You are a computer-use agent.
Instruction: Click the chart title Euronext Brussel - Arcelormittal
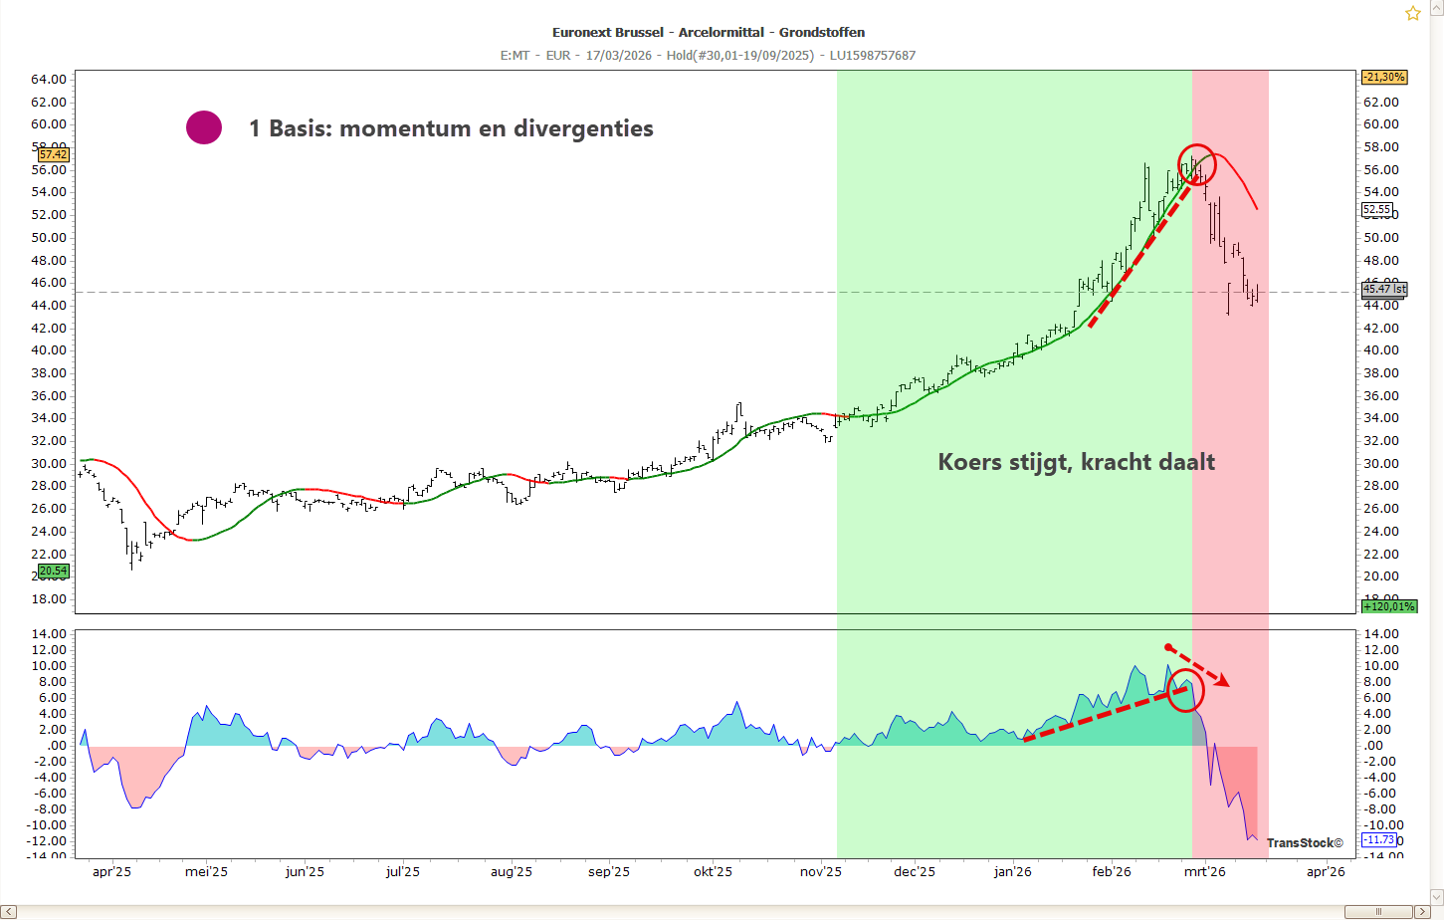coord(708,32)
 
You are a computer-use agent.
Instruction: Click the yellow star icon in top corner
coord(1412,13)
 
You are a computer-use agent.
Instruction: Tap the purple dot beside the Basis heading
coord(204,127)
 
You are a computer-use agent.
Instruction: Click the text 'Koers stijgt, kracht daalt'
coord(1076,462)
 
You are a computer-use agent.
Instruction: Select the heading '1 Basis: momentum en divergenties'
coord(451,128)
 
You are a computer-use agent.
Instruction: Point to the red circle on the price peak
coord(1197,164)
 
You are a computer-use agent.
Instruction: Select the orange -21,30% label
coord(1383,78)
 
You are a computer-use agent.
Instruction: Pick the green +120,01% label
coord(1388,606)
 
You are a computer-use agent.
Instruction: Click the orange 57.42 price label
coord(53,155)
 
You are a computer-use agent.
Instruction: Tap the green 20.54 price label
coord(53,572)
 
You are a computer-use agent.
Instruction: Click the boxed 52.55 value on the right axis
coord(1376,210)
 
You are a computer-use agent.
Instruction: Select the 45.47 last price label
coord(1383,290)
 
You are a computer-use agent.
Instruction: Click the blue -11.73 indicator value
coord(1378,840)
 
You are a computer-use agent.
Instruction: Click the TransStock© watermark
coord(1304,843)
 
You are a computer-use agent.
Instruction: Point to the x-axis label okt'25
coord(713,872)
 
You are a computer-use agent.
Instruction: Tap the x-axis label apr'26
coord(1325,872)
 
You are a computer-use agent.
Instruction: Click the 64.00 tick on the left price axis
coord(49,80)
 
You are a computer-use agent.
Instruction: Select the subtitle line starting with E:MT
coord(708,56)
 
